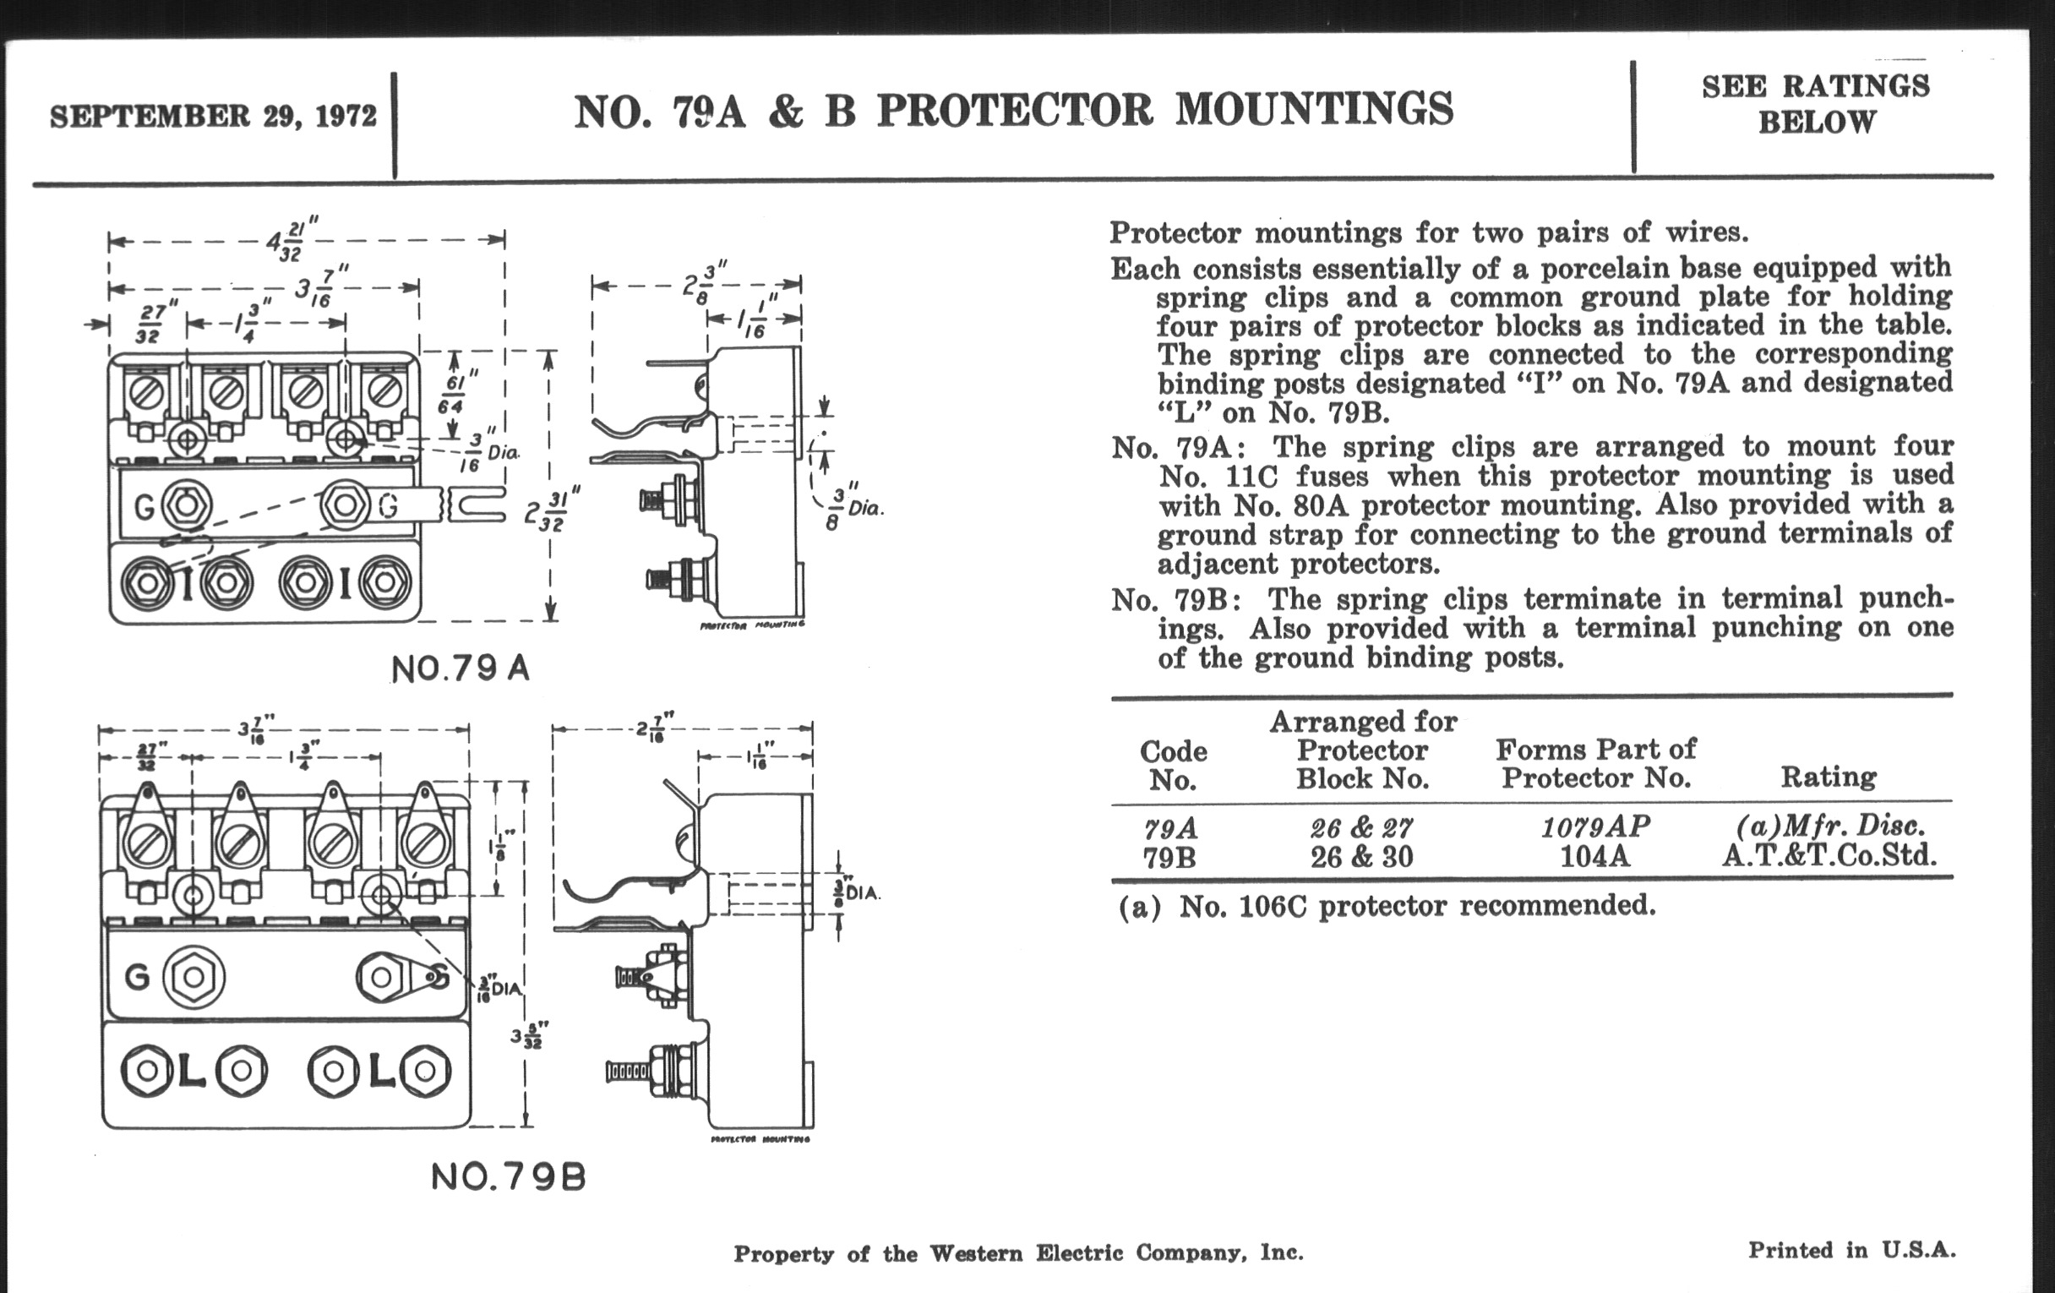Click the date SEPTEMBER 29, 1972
click(213, 116)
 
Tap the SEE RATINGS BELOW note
click(1815, 104)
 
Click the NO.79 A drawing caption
click(461, 669)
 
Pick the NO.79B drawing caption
click(509, 1178)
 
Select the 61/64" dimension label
click(452, 395)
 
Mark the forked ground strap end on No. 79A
click(475, 505)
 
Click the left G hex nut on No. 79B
click(194, 977)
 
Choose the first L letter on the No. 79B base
click(194, 1072)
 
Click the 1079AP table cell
click(1595, 827)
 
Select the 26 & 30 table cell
click(1362, 857)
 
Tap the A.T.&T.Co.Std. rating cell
click(1828, 855)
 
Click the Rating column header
click(1828, 777)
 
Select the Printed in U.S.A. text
click(1851, 1251)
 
